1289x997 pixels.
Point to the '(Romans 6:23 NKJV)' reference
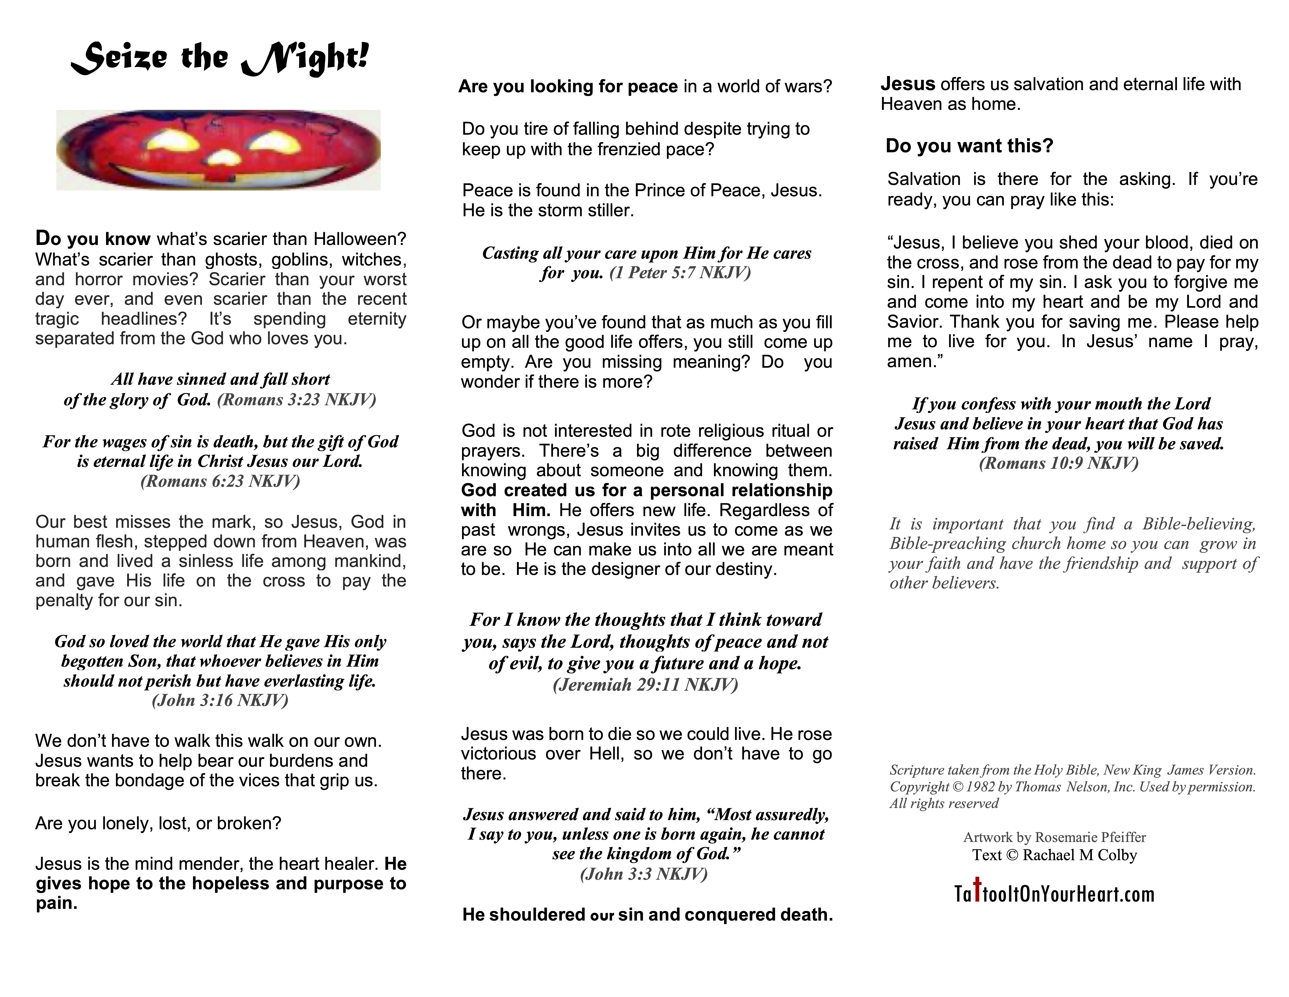(x=220, y=481)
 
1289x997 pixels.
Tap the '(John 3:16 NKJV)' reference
(x=220, y=700)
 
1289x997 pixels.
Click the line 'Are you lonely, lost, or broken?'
(x=158, y=823)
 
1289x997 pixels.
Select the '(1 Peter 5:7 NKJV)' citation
(x=680, y=273)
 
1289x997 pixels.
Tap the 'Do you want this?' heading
(x=969, y=146)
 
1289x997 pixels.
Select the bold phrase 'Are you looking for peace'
(x=568, y=87)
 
